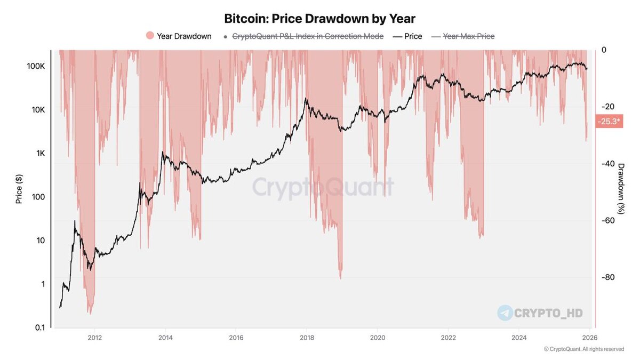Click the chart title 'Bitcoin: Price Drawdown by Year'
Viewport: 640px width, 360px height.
[x=319, y=19]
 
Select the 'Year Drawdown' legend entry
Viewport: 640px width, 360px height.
[x=179, y=36]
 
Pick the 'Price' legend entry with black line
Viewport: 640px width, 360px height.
[x=407, y=36]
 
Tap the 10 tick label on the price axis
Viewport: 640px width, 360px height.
[x=42, y=241]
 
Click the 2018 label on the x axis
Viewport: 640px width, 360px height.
[x=307, y=337]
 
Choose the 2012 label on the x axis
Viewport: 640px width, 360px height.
[x=94, y=337]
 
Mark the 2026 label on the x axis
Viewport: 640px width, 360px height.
[x=589, y=337]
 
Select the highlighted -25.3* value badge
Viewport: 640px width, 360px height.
[x=609, y=122]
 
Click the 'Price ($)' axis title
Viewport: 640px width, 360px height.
[x=19, y=189]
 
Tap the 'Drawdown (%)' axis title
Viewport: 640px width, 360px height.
[x=621, y=189]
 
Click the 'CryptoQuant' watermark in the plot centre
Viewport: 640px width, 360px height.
[x=323, y=187]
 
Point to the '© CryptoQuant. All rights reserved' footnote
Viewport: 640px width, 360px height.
[x=583, y=349]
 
